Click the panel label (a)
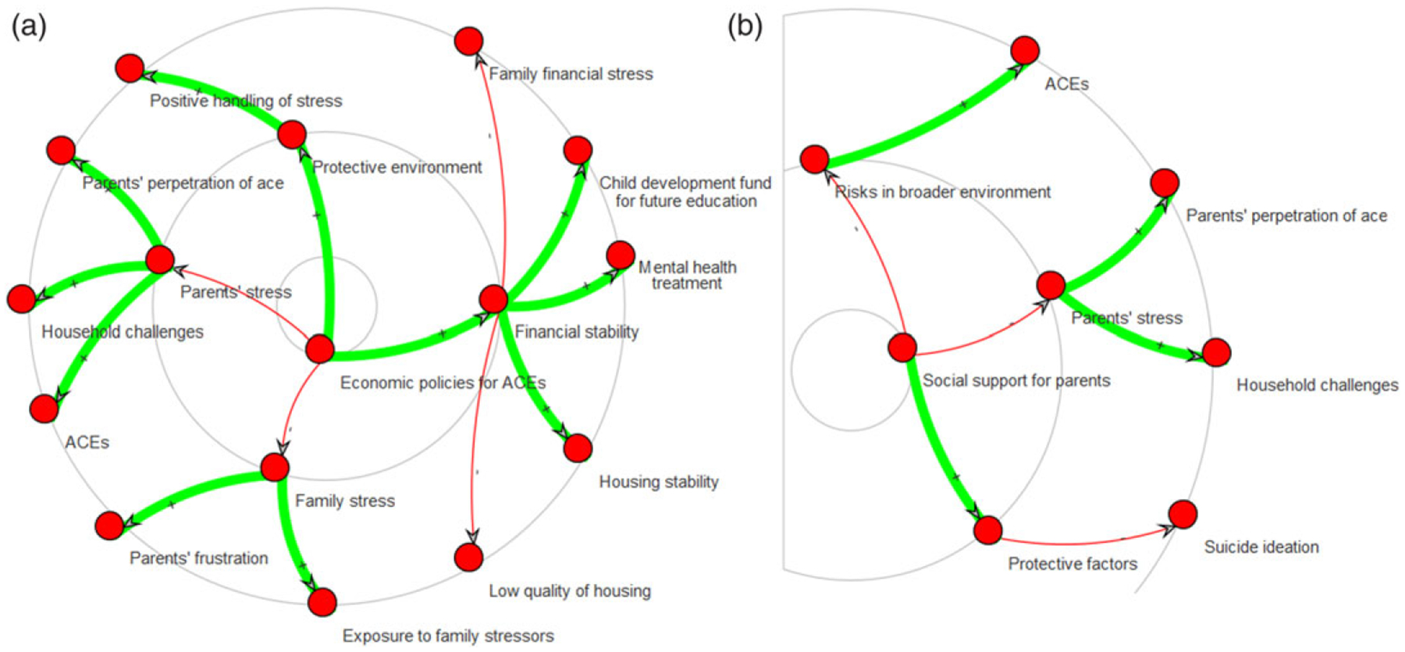(x=29, y=27)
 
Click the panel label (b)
(x=745, y=27)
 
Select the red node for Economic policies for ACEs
(x=320, y=349)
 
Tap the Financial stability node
(x=493, y=298)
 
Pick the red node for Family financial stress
(x=468, y=41)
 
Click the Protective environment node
(x=292, y=134)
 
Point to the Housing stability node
(x=578, y=448)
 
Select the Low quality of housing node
(x=468, y=557)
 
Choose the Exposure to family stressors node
(x=322, y=602)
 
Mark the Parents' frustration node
(x=109, y=526)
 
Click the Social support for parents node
(x=902, y=347)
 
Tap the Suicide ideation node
(x=1183, y=515)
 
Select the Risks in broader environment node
(x=815, y=159)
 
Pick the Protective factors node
(x=988, y=530)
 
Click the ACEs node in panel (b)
(x=1025, y=51)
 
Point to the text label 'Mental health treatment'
(x=687, y=275)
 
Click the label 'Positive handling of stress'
(x=246, y=101)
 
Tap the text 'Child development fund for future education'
(x=685, y=191)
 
